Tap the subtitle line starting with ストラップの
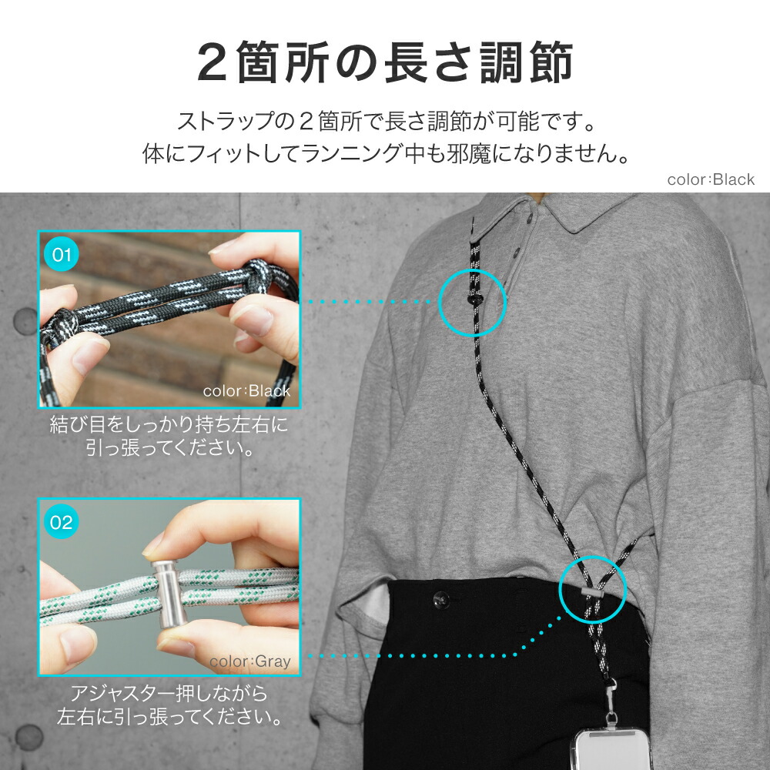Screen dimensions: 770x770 pos(387,122)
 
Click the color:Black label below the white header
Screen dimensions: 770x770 pos(710,179)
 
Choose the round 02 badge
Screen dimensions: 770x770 pos(61,522)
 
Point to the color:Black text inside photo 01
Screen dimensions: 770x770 pos(246,391)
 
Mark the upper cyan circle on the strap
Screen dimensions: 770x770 pos(472,302)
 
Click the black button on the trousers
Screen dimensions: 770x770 pos(441,600)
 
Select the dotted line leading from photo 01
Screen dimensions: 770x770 pos(370,302)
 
